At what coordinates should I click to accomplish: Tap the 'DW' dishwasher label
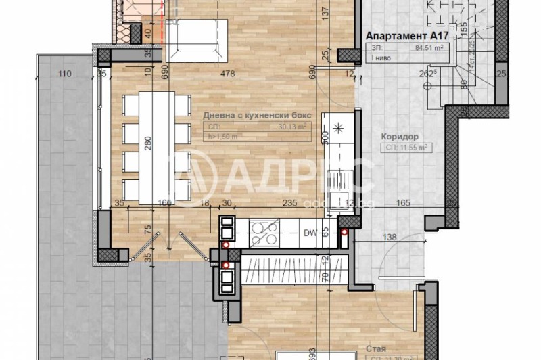tap(310, 233)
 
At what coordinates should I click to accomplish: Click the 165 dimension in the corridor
tap(403, 201)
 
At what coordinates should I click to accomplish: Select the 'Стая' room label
tap(376, 349)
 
